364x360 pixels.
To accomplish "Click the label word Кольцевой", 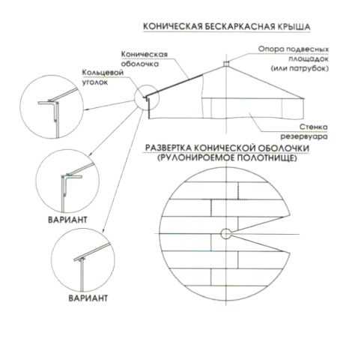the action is coord(103,73).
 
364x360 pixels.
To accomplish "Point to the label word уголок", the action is coord(95,82).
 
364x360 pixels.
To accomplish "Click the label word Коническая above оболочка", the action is coord(145,54).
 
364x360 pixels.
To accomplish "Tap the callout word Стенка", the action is coord(313,127).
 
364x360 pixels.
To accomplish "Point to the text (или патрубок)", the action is coord(300,68).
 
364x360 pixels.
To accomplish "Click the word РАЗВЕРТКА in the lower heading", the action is coord(169,148).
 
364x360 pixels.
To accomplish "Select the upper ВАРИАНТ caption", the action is coord(67,220).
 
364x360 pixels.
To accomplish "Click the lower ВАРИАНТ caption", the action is coord(88,298).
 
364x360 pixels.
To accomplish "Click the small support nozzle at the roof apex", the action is coord(226,64).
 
